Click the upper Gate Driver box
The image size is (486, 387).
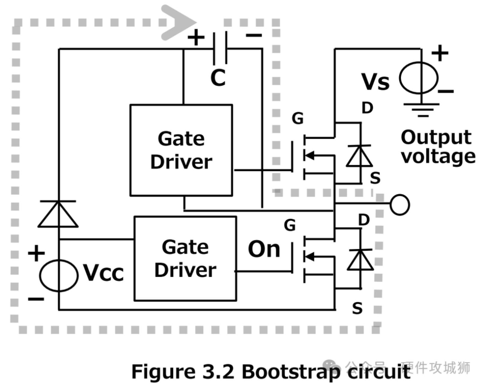pyautogui.click(x=181, y=150)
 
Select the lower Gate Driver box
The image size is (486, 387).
pyautogui.click(x=185, y=258)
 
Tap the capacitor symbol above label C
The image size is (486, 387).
pyautogui.click(x=220, y=48)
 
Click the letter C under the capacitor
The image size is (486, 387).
pyautogui.click(x=218, y=78)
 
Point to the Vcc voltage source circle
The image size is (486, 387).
pyautogui.click(x=59, y=275)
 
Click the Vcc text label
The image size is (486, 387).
pyautogui.click(x=103, y=273)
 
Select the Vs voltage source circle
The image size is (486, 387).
pyautogui.click(x=418, y=78)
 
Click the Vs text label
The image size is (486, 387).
pyautogui.click(x=375, y=81)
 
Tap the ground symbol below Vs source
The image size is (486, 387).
pyautogui.click(x=421, y=109)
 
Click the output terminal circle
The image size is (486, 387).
pyautogui.click(x=400, y=205)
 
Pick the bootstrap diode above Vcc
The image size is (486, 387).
pyautogui.click(x=58, y=214)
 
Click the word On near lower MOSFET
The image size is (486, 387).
pyautogui.click(x=264, y=249)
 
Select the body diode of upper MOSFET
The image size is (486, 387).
pyautogui.click(x=359, y=156)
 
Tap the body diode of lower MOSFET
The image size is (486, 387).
pyautogui.click(x=360, y=260)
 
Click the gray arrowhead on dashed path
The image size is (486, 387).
pyautogui.click(x=177, y=22)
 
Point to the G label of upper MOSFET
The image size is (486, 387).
pyautogui.click(x=297, y=119)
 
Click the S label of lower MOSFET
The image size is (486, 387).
pyautogui.click(x=357, y=308)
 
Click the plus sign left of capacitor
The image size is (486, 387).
pyautogui.click(x=196, y=38)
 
